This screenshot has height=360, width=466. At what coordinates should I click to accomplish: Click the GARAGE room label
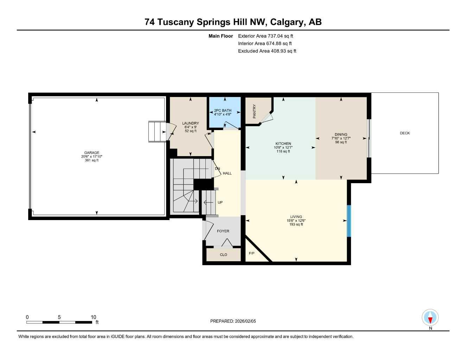click(x=91, y=153)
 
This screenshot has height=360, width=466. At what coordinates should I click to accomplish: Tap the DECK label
click(x=405, y=133)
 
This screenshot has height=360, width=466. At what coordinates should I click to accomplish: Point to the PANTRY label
click(x=254, y=111)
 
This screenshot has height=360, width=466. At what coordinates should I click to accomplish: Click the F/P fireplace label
click(x=251, y=253)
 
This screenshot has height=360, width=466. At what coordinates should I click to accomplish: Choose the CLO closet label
click(x=223, y=255)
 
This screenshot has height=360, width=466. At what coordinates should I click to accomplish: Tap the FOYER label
click(x=223, y=231)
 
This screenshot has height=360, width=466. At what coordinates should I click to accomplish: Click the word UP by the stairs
click(x=220, y=202)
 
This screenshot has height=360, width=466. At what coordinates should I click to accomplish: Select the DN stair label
click(x=217, y=169)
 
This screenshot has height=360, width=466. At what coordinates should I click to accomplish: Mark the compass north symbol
click(x=430, y=318)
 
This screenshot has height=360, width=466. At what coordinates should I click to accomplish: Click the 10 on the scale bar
click(x=94, y=317)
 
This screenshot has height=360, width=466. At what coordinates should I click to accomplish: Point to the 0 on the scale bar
click(x=27, y=317)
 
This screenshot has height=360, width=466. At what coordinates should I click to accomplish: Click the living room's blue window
click(x=349, y=221)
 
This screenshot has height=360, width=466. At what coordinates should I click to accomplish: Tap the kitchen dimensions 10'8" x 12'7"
click(x=283, y=148)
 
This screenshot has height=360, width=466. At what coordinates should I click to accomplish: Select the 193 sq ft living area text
click(x=296, y=224)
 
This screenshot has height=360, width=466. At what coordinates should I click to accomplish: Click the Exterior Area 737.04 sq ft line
click(x=266, y=36)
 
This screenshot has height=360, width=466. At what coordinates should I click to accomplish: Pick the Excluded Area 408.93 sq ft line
click(x=267, y=51)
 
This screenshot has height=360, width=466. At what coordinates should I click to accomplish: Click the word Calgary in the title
click(x=288, y=22)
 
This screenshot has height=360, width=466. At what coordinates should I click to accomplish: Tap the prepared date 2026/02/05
click(x=245, y=321)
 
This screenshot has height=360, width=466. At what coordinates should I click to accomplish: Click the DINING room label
click(x=341, y=134)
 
